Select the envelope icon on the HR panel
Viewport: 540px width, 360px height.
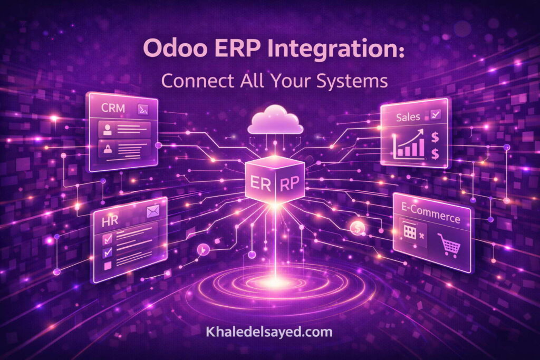pos(153,212)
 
